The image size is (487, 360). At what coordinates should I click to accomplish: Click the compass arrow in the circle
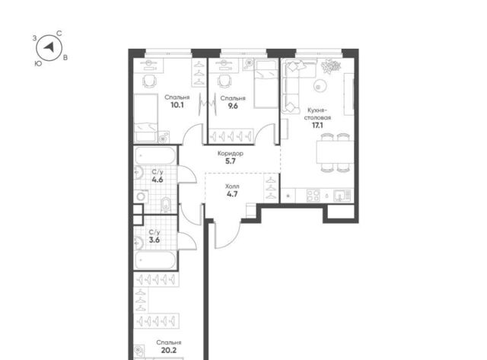[x=49, y=47]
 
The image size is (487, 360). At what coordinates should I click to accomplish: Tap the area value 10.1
[x=177, y=105]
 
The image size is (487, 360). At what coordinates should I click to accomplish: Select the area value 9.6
[x=233, y=106]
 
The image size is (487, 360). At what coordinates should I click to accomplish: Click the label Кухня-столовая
[x=317, y=114]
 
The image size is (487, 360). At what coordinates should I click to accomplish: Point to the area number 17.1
[x=317, y=125]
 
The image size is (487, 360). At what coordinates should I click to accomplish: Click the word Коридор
[x=230, y=154]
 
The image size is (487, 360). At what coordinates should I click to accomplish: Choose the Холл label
[x=232, y=186]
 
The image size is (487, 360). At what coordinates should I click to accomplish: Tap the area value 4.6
[x=158, y=180]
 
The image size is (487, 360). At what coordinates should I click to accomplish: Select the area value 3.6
[x=154, y=240]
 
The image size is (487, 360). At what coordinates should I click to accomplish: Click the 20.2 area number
[x=169, y=350]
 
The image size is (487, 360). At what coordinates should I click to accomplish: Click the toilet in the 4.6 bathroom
[x=166, y=204]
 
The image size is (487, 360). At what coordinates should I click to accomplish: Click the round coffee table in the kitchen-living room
[x=320, y=85]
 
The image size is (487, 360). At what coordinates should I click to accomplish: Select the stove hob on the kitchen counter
[x=313, y=196]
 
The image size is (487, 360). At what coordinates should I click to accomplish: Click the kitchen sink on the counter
[x=342, y=196]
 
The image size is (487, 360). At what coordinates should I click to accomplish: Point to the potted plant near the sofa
[x=331, y=66]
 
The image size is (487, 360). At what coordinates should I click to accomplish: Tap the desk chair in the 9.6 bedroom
[x=224, y=81]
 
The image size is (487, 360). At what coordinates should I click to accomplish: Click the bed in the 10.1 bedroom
[x=145, y=118]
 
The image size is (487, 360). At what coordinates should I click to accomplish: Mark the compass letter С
[x=59, y=33]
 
